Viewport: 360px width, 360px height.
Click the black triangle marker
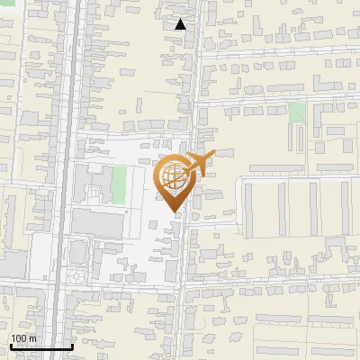coord(180,24)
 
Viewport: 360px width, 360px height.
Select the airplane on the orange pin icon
coord(200,165)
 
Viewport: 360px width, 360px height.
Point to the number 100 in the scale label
coord(19,338)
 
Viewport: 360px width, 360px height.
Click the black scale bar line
coord(41,346)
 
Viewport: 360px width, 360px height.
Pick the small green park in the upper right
coord(297,112)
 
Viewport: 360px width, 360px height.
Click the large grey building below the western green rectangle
coord(95,222)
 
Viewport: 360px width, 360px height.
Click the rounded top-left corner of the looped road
coord(240,181)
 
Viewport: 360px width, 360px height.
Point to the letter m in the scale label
coord(33,338)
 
